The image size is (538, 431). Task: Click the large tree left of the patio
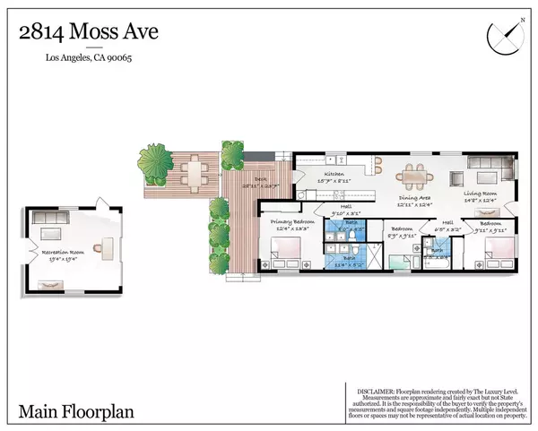153,165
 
